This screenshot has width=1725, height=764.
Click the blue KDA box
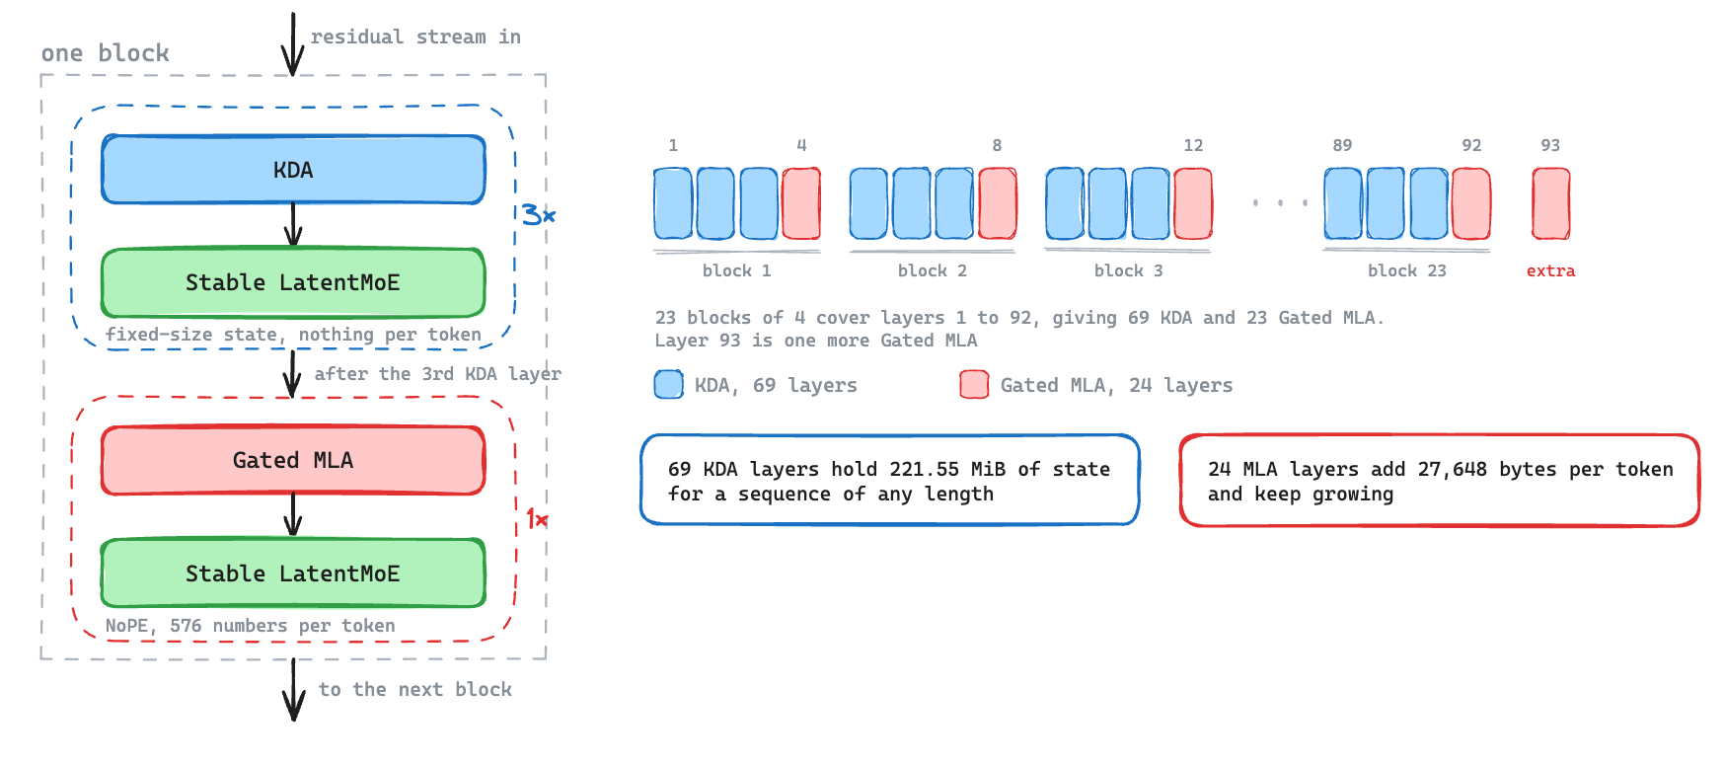pyautogui.click(x=293, y=170)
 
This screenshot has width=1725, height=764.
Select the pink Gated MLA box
pyautogui.click(x=293, y=460)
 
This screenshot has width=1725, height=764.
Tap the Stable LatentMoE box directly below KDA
pyautogui.click(x=293, y=282)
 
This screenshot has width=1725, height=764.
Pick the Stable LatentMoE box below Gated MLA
pyautogui.click(x=293, y=573)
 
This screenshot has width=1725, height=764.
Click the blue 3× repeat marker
pyautogui.click(x=539, y=214)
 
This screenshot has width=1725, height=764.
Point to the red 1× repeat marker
pyautogui.click(x=537, y=518)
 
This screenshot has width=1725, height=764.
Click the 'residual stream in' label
pyautogui.click(x=415, y=37)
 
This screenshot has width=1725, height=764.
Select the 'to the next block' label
pyautogui.click(x=415, y=689)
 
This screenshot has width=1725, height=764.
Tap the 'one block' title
pyautogui.click(x=106, y=53)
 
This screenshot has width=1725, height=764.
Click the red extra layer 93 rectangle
pyautogui.click(x=1550, y=203)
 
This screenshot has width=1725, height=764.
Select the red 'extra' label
pyautogui.click(x=1550, y=270)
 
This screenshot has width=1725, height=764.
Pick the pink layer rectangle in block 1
pyautogui.click(x=801, y=203)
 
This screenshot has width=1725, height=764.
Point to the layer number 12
pyautogui.click(x=1193, y=145)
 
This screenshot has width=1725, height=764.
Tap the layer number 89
pyautogui.click(x=1342, y=145)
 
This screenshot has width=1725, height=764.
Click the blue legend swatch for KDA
pyautogui.click(x=669, y=384)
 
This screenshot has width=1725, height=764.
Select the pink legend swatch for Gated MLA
pyautogui.click(x=974, y=384)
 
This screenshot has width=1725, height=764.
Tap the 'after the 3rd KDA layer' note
pyautogui.click(x=438, y=374)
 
